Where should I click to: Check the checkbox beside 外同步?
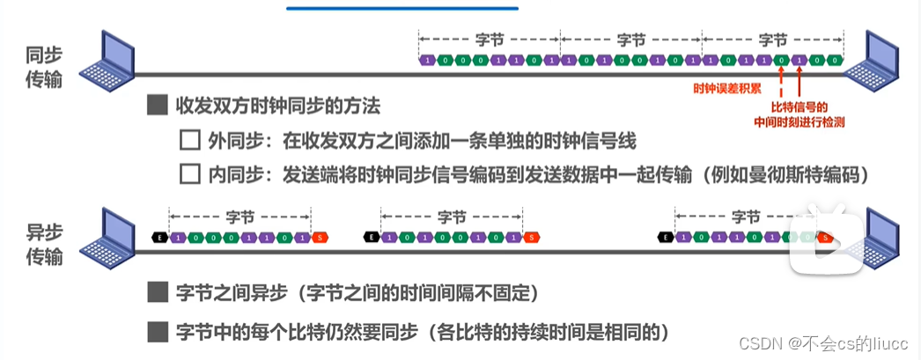click(189, 140)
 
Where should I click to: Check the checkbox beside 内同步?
click(189, 173)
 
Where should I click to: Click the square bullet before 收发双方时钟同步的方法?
click(158, 107)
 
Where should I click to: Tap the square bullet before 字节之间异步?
click(158, 291)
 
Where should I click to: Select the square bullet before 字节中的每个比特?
click(158, 332)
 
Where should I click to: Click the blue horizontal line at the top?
click(402, 8)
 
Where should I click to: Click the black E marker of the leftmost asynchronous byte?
click(159, 237)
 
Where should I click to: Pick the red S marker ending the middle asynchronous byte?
click(530, 237)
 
